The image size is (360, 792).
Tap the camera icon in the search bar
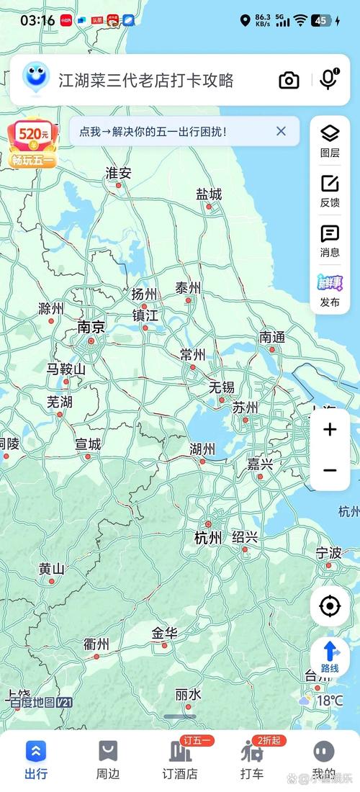coord(289,80)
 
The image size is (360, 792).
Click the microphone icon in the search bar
coord(328,80)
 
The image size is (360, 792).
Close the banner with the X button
coord(281,131)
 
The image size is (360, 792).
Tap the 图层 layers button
coord(330,140)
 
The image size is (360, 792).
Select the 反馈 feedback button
coord(330,191)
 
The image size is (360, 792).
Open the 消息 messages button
coord(330,241)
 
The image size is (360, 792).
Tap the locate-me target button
coord(330,606)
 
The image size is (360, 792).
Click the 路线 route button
coord(330,657)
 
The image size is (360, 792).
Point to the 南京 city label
coord(91,328)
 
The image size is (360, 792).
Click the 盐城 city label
coord(209,194)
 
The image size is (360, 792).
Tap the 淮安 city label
coord(119,173)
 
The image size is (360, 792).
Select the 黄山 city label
coord(52,569)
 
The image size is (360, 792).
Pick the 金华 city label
coord(164,634)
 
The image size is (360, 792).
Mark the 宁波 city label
coord(328,553)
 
